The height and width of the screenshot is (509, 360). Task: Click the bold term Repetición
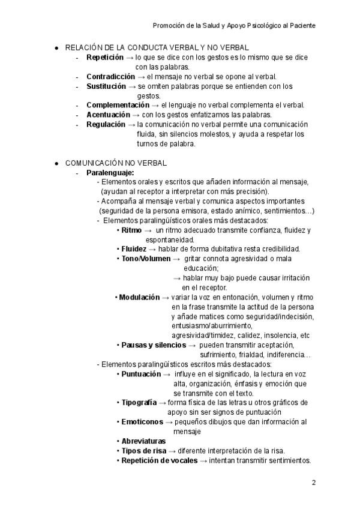105,57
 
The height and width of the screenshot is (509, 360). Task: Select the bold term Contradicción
110,76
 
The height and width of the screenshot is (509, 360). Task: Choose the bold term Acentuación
108,115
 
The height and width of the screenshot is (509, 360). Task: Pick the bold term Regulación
106,124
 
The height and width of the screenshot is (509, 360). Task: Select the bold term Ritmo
131,230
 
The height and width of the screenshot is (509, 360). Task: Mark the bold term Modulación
139,297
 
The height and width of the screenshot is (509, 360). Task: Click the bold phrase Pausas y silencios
154,345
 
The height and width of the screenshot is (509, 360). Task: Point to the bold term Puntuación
141,374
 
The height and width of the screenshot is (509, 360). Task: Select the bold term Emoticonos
142,422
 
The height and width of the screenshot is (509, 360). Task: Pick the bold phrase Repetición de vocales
158,460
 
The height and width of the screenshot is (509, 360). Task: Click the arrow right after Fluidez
152,249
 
